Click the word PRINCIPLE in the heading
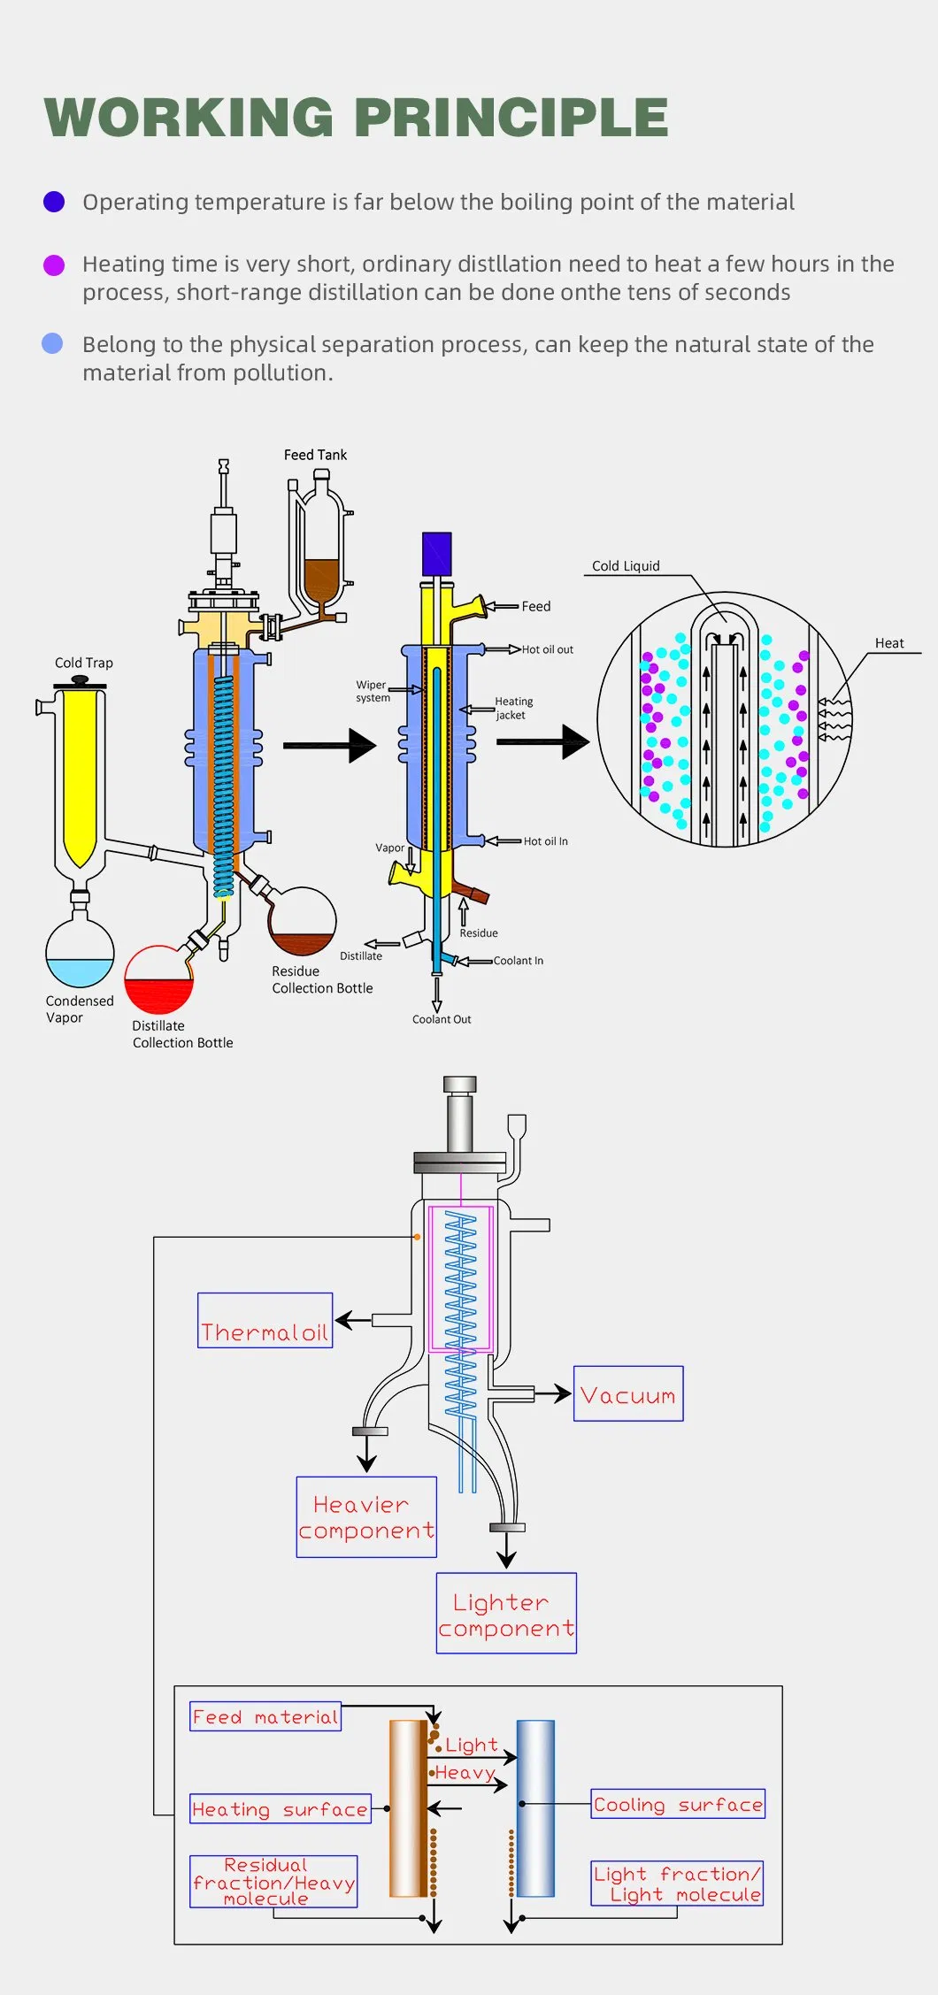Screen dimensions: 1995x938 pos(511,118)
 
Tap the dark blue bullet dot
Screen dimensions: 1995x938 pos(54,202)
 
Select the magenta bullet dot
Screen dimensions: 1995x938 pos(54,265)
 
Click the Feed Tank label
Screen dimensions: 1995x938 pos(315,455)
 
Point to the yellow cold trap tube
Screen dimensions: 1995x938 pos(80,770)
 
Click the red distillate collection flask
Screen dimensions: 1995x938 pos(158,982)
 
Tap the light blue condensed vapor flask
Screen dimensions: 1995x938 pos(80,955)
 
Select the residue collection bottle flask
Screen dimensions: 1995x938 pos(302,925)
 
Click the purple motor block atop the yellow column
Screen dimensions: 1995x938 pos(437,554)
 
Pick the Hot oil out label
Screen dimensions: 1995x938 pos(547,649)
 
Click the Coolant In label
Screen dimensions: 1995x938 pos(519,961)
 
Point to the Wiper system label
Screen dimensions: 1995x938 pos(373,691)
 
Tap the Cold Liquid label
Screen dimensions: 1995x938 pos(626,566)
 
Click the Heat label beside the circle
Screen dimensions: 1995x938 pos(889,643)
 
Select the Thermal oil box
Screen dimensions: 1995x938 pos(265,1320)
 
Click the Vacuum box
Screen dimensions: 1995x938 pos(628,1393)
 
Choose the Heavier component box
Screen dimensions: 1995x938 pos(366,1516)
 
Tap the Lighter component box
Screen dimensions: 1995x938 pos(506,1613)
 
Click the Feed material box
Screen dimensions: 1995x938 pos(265,1716)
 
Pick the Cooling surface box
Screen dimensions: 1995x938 pos(678,1804)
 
